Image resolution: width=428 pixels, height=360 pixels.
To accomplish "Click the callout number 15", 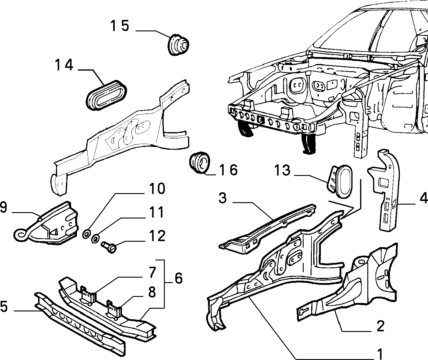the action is [120, 26].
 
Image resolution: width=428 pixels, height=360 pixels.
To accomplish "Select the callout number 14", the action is [64, 65].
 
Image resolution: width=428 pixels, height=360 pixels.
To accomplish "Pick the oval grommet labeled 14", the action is [106, 95].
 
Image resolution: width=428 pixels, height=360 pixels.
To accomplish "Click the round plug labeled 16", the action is [200, 163].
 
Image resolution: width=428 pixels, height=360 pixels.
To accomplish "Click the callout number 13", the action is [282, 170].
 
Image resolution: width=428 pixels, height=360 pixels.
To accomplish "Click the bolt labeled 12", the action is [109, 247].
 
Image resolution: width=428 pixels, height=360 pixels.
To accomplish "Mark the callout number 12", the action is [157, 236].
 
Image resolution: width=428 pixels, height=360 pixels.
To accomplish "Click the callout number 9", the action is [4, 207].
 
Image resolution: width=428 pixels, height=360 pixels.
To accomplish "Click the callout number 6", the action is [179, 278].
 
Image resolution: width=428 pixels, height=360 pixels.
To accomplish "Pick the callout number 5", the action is [4, 307].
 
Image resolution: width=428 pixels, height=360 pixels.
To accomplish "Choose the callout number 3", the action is [223, 198].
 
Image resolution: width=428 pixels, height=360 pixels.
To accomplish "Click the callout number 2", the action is [380, 326].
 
